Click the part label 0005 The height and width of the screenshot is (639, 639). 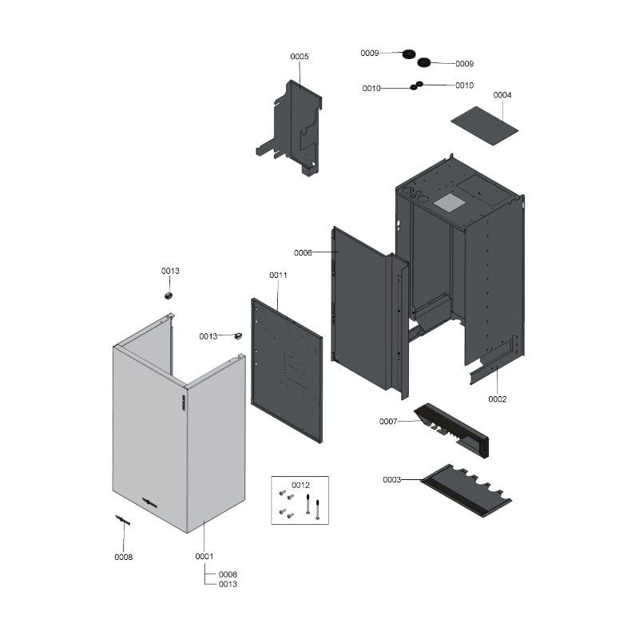[x=299, y=57]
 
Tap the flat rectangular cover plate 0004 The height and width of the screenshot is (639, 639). [x=484, y=125]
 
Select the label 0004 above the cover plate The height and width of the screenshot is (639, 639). [x=502, y=95]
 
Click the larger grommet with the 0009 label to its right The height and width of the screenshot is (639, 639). [x=424, y=62]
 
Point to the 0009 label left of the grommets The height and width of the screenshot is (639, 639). [x=370, y=53]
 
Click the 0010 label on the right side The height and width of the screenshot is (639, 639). [x=465, y=85]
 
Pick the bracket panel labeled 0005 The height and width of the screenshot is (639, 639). [x=289, y=127]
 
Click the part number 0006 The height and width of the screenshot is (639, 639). [x=303, y=252]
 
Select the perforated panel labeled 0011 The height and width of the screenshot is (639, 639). [x=287, y=370]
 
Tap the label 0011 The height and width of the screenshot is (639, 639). [x=278, y=275]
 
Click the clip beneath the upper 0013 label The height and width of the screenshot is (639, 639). [x=169, y=295]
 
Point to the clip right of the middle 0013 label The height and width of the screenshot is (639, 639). [x=237, y=335]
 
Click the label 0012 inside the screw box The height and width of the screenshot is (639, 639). [x=300, y=485]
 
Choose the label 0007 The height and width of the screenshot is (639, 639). [x=388, y=422]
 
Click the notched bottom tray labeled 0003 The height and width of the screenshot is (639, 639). [x=466, y=490]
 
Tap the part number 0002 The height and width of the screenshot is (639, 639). [x=497, y=399]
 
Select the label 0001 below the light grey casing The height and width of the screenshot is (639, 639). [x=204, y=556]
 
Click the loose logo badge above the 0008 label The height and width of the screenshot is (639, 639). [x=123, y=520]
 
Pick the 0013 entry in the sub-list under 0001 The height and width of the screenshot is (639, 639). [x=228, y=584]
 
